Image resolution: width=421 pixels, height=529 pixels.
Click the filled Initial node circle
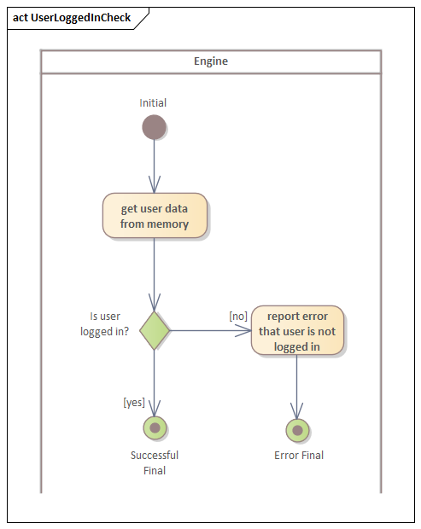pyautogui.click(x=154, y=127)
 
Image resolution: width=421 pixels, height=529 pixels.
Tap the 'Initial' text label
pyautogui.click(x=154, y=103)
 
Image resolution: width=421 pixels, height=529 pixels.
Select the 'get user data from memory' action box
pyautogui.click(x=155, y=216)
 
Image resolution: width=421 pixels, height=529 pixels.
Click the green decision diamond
pyautogui.click(x=155, y=330)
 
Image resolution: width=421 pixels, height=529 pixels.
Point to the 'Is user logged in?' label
pyautogui.click(x=105, y=323)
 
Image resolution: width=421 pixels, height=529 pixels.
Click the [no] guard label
pyautogui.click(x=238, y=316)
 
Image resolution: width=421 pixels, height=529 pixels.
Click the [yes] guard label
pyautogui.click(x=134, y=402)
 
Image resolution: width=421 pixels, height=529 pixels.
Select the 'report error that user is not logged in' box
pyautogui.click(x=297, y=330)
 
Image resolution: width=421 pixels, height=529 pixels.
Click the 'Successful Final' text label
pyautogui.click(x=155, y=462)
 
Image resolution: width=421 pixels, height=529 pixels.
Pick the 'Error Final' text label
pyautogui.click(x=298, y=456)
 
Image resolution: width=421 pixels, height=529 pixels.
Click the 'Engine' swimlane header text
pyautogui.click(x=211, y=61)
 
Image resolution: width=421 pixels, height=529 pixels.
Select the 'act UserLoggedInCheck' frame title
pyautogui.click(x=72, y=18)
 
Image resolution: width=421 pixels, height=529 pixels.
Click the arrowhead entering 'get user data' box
pyautogui.click(x=155, y=185)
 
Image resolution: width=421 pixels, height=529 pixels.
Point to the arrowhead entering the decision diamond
pyautogui.click(x=155, y=302)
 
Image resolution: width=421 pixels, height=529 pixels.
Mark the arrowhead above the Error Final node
pyautogui.click(x=297, y=411)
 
